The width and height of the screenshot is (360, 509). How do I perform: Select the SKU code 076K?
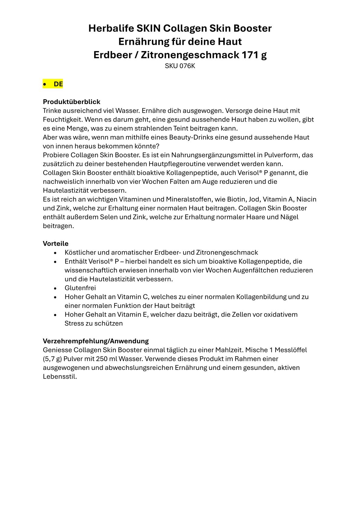pyautogui.click(x=187, y=66)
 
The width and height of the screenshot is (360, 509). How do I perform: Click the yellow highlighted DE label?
pyautogui.click(x=58, y=84)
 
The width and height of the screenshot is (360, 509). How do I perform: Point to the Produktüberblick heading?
pyautogui.click(x=71, y=102)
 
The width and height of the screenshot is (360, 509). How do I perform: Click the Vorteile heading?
pyautogui.click(x=56, y=243)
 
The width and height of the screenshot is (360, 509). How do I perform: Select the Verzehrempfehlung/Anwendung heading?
pyautogui.click(x=96, y=341)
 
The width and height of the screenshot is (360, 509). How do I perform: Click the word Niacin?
pyautogui.click(x=306, y=199)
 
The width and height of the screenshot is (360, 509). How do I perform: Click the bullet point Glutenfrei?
pyautogui.click(x=80, y=288)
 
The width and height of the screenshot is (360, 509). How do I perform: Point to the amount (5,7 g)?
pyautogui.click(x=52, y=359)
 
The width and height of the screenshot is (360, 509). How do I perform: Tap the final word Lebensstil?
pyautogui.click(x=60, y=377)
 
